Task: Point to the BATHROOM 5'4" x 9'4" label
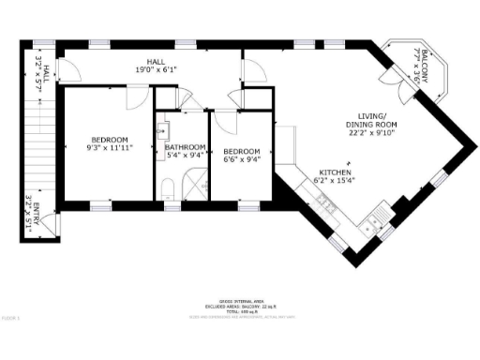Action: pos(185,152)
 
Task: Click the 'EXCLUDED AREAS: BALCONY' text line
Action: pos(239,307)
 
